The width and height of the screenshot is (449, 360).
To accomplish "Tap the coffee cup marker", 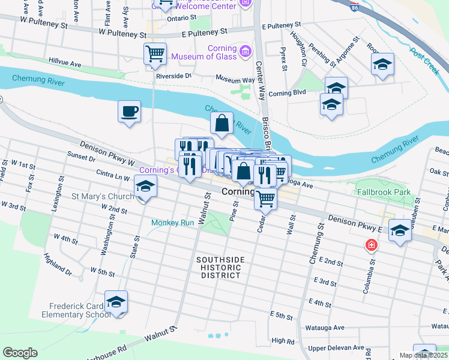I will point(130,112).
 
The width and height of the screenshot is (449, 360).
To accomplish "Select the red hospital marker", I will point(372,245).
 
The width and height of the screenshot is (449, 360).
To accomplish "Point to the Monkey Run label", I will point(172,223).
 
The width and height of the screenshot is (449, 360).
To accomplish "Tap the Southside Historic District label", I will point(221,267).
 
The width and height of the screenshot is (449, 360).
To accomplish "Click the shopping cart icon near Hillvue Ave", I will point(155,54).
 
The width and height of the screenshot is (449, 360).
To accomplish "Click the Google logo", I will point(20,353).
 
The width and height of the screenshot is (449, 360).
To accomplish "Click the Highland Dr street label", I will point(58,265).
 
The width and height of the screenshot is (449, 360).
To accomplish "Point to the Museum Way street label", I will point(235,79).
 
